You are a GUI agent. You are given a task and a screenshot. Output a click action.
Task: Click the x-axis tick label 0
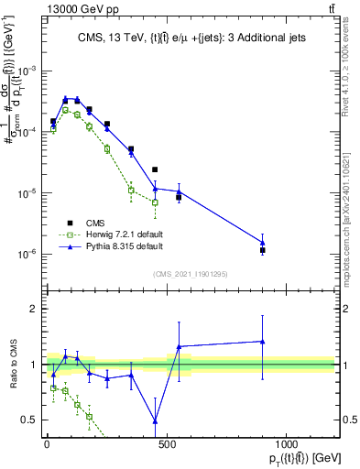click(x=47, y=446)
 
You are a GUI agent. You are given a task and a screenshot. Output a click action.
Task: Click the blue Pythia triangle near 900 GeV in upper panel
click(x=263, y=243)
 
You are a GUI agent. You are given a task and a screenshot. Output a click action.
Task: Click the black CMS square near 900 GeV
click(x=263, y=250)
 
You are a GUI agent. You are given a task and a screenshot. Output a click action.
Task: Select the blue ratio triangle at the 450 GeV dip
click(x=155, y=421)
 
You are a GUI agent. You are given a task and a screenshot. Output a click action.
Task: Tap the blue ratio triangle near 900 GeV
click(x=263, y=342)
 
